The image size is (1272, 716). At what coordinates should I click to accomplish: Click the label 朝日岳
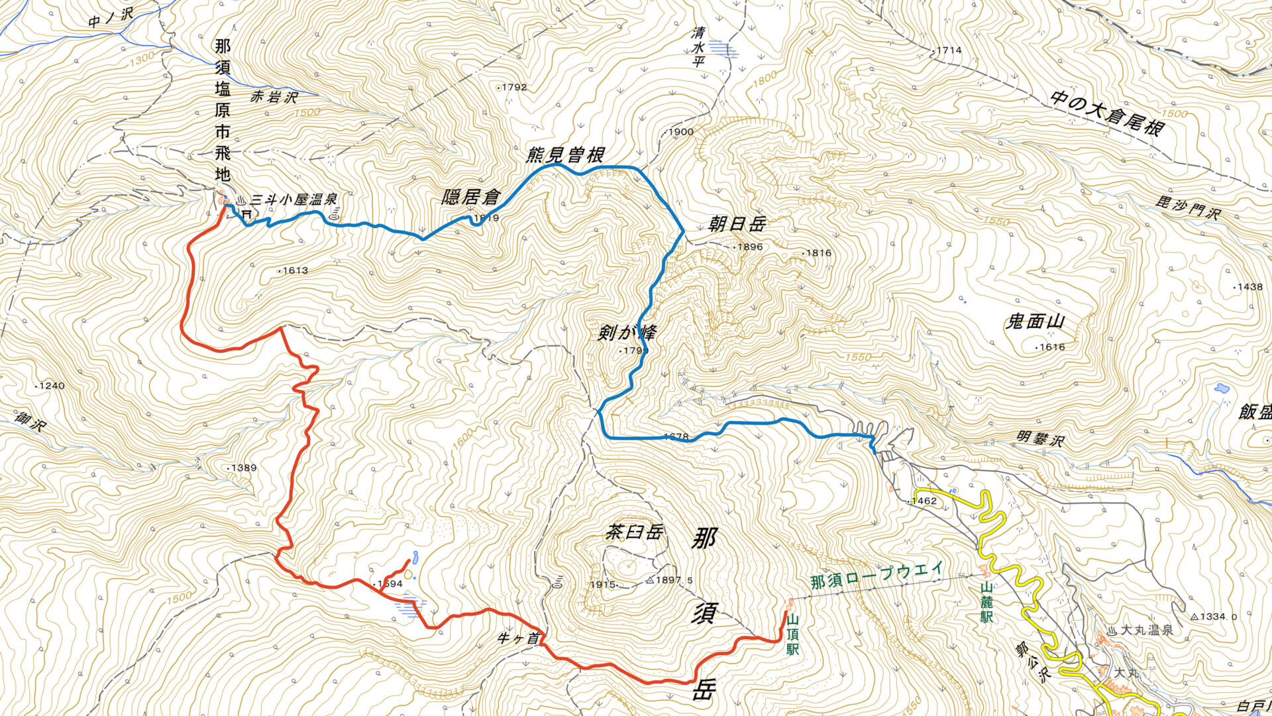click(739, 224)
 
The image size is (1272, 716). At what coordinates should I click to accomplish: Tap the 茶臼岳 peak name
click(634, 532)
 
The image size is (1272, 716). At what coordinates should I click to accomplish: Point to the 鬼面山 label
click(1035, 322)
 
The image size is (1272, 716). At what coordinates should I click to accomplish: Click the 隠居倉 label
click(471, 197)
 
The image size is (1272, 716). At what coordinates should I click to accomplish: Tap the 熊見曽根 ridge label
click(564, 155)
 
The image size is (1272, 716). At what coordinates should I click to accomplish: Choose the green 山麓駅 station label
click(986, 602)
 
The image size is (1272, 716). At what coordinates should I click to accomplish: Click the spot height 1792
click(514, 87)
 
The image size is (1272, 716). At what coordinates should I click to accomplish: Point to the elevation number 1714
click(949, 50)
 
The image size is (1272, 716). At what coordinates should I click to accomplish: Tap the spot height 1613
click(295, 270)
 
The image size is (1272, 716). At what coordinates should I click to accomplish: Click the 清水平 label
click(697, 47)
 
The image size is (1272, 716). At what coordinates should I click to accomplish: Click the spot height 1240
click(52, 386)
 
